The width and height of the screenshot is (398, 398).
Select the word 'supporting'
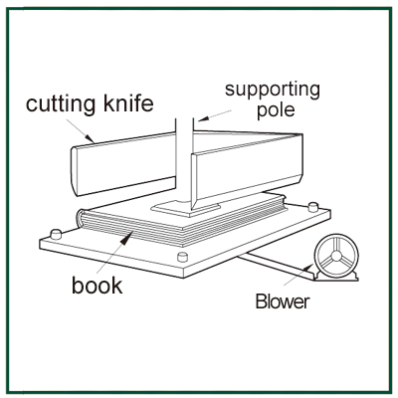point(273,90)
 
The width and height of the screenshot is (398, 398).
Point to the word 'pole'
point(276,109)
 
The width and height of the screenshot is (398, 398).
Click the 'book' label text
point(98,286)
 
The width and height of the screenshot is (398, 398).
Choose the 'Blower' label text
point(283,301)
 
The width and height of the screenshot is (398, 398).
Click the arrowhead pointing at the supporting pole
point(202,119)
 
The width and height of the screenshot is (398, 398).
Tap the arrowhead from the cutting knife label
point(89,138)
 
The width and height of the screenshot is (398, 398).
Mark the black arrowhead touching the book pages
point(127,238)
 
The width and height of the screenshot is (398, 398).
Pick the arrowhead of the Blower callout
point(308,268)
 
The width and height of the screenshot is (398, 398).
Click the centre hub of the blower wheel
point(335,256)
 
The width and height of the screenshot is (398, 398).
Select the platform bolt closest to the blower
point(312,207)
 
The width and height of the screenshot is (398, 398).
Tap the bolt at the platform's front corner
point(182,257)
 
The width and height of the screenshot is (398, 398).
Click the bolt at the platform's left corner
point(56,234)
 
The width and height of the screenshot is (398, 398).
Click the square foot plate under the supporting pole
point(186,209)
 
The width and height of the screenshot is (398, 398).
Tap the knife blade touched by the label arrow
point(122,164)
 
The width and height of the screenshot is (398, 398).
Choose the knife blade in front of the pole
point(247,171)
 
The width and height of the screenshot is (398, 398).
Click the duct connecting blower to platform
point(277,266)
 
